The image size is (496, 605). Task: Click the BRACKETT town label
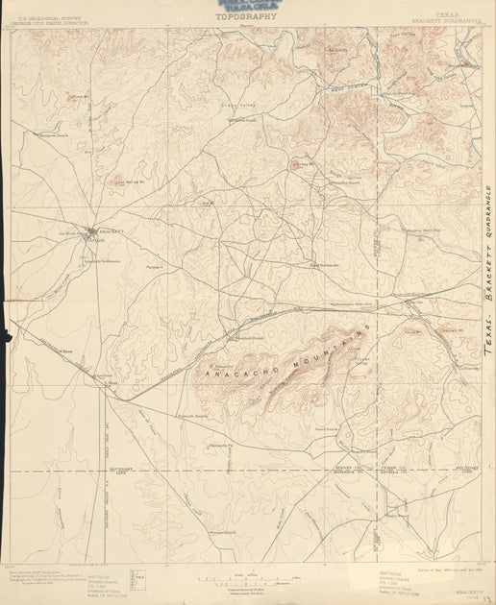pos(112,231)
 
